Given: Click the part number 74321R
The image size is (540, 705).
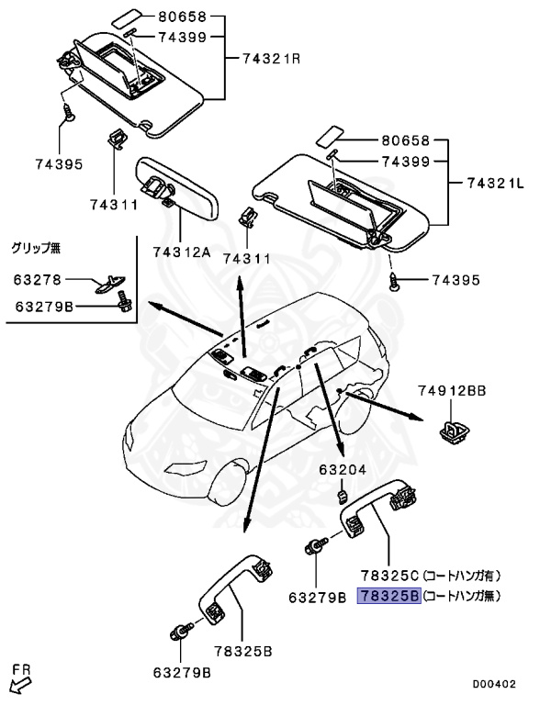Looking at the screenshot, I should coord(271,58).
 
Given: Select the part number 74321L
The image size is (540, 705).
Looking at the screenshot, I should coord(496,185).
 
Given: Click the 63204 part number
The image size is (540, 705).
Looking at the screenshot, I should coord(343,470).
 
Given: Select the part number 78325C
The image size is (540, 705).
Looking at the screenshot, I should coord(390,576).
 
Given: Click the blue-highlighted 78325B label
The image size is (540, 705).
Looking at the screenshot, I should coord(390,596).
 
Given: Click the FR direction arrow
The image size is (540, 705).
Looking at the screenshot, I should coord(18,680).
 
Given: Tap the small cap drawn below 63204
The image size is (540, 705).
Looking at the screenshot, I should coord(340,497).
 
